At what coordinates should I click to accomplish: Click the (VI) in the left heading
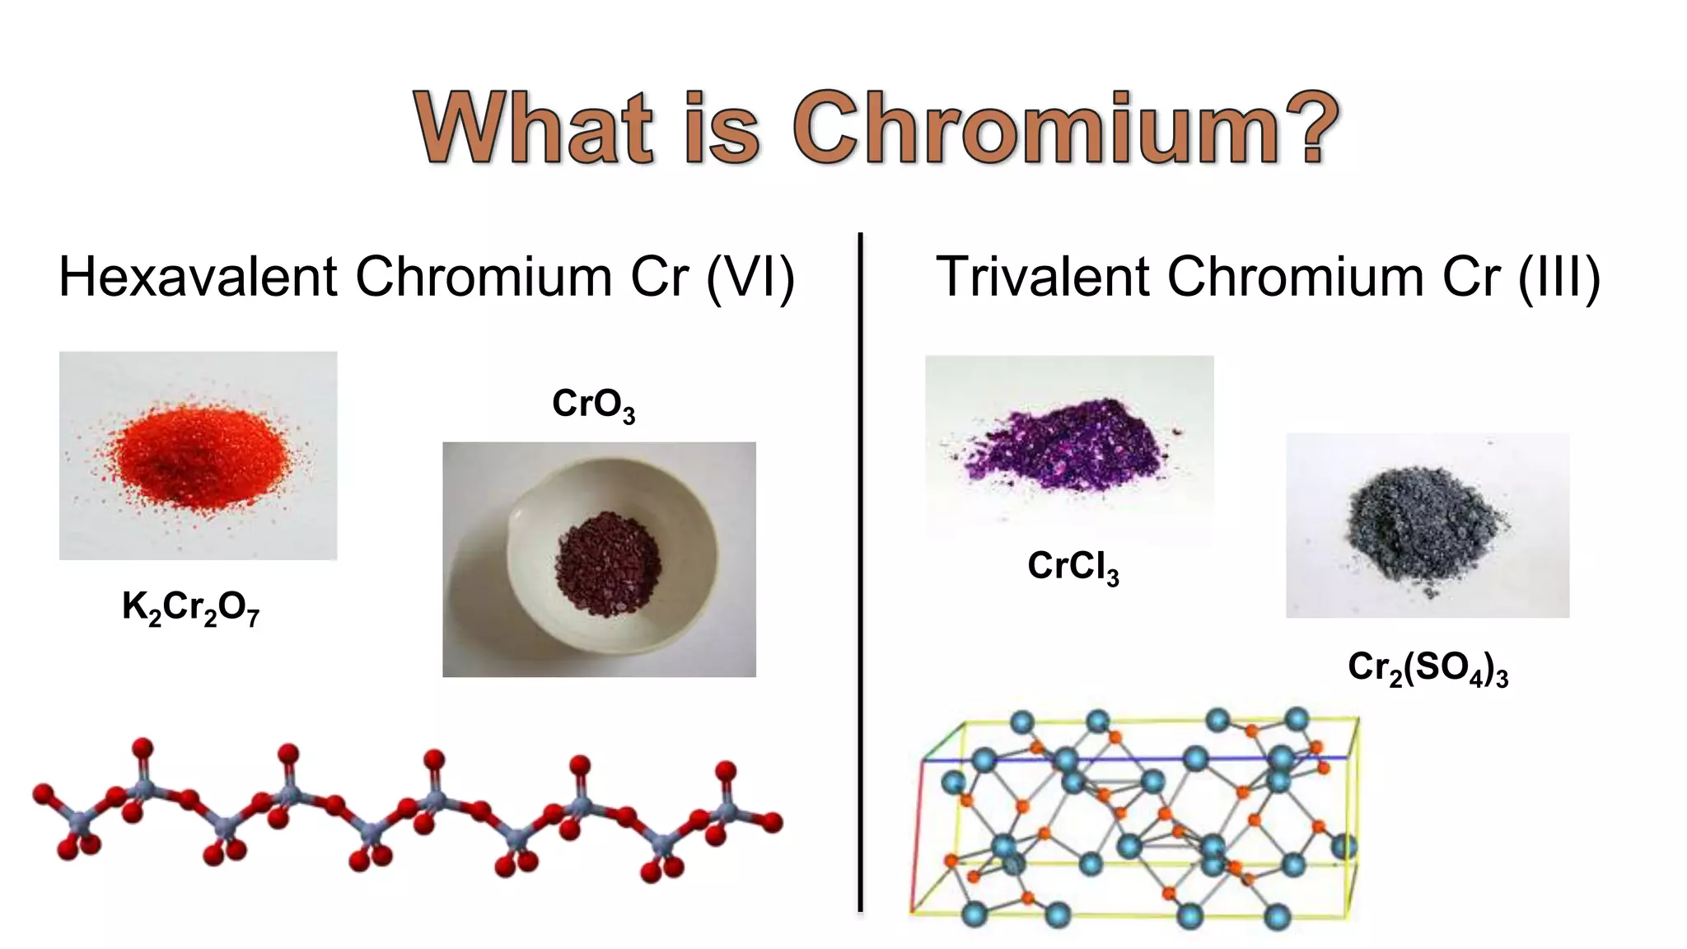pos(750,278)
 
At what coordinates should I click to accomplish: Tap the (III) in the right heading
pos(1558,278)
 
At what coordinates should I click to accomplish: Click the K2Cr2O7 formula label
pos(190,608)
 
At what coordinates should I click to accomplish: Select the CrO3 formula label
pos(593,404)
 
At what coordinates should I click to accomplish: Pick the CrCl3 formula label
pos(1072,567)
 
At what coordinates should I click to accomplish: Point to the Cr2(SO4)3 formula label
pos(1428,668)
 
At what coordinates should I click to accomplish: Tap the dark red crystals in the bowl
pos(608,563)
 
